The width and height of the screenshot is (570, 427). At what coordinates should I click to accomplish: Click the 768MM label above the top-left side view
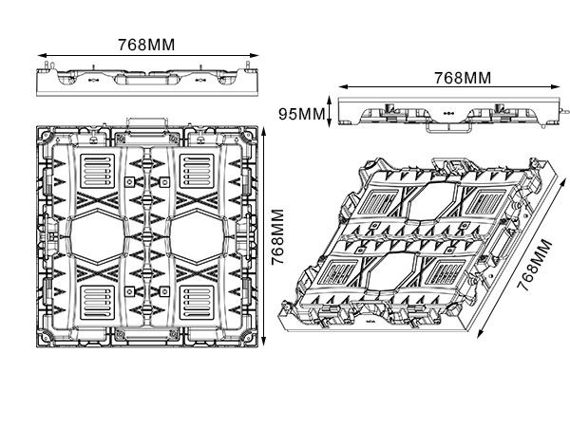(146, 44)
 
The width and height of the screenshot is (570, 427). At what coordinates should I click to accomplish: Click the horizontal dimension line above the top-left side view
(146, 53)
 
